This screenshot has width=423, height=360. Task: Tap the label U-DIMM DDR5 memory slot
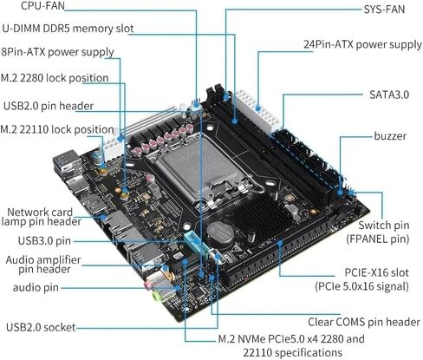pos(67,28)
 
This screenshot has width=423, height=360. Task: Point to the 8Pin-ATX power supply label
pos(58,52)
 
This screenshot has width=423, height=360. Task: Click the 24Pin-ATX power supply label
pos(361,43)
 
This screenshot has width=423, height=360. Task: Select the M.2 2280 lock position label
pos(55,78)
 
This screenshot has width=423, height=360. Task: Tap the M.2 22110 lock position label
pos(57,129)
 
